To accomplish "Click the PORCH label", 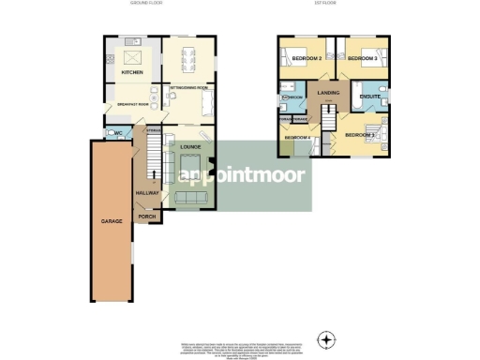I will click(147, 217).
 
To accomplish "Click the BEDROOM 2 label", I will click(307, 59).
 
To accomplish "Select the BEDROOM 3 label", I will click(362, 59).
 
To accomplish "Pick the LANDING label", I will click(328, 93).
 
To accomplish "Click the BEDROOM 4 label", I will click(297, 139).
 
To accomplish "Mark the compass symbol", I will click(326, 338).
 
